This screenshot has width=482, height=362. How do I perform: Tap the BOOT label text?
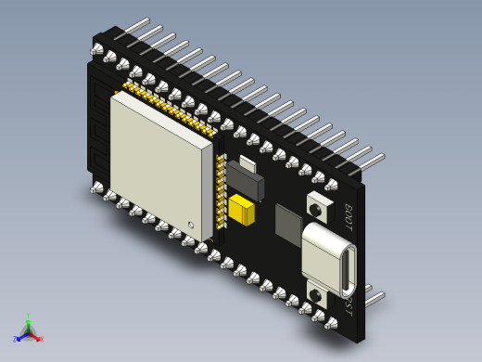pos(349,217)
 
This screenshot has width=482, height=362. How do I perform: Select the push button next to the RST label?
pos(316,296)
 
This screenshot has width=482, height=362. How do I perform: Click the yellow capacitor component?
pos(242,210)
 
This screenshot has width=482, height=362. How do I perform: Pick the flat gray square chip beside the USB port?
pos(287,226)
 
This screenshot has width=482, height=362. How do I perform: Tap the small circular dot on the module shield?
pos(191,225)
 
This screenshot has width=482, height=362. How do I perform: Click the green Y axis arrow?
pos(28,321)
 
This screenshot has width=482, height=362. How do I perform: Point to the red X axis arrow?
pos(38,338)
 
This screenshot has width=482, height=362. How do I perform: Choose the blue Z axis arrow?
pos(18,339)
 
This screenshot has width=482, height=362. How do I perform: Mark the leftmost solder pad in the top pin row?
pos(97,49)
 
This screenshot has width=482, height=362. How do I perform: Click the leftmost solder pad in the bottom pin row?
pos(96,188)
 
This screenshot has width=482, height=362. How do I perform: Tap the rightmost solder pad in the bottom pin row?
pos(331,323)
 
